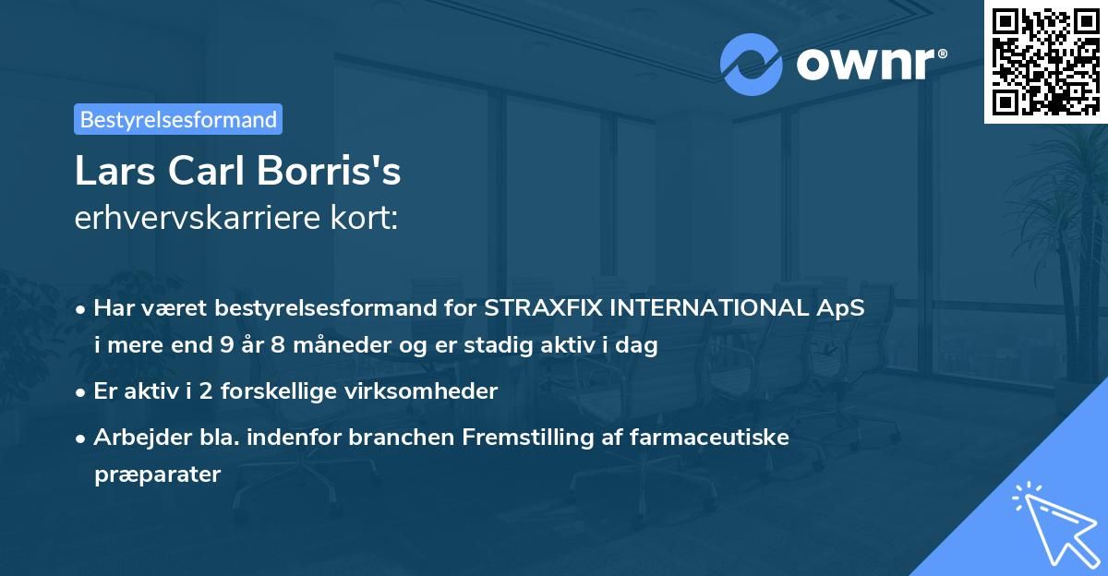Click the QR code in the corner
1045,61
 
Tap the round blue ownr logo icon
750,65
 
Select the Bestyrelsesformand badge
178,119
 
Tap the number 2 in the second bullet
189,391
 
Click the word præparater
157,475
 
